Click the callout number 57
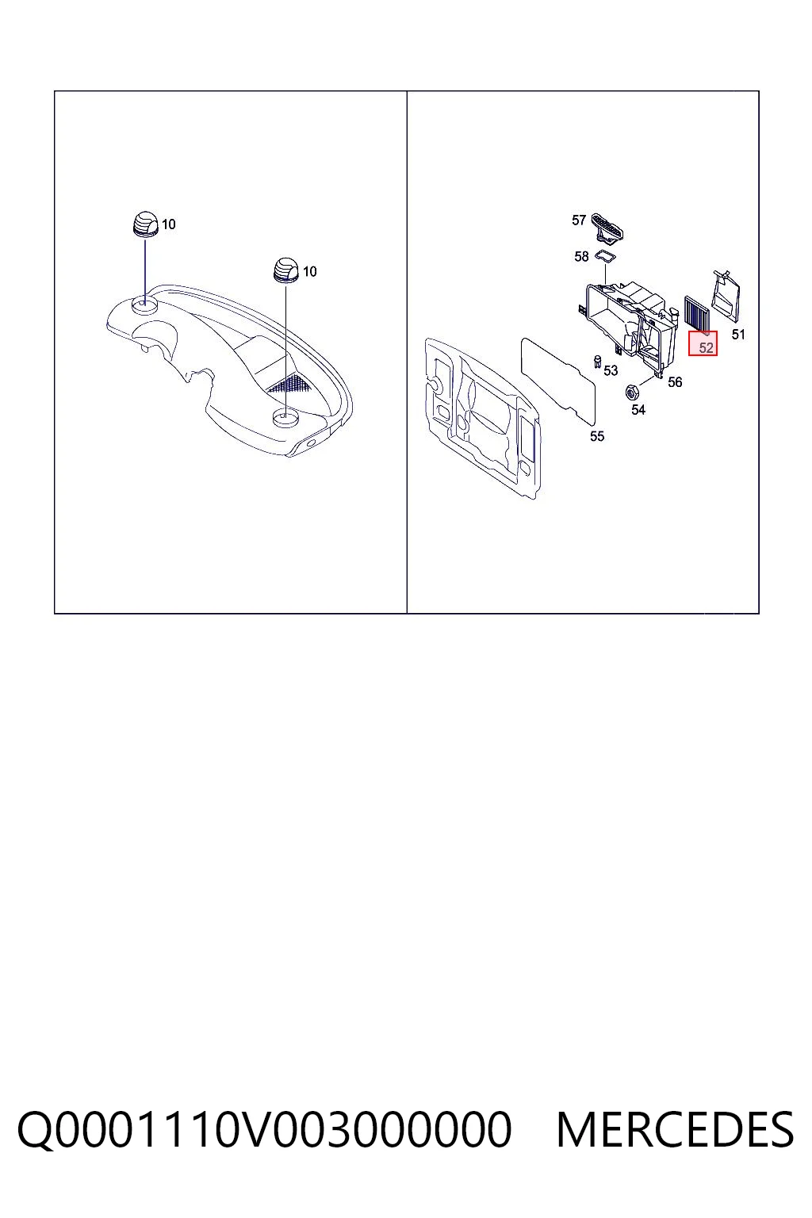point(578,220)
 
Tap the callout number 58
point(581,256)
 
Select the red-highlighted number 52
point(706,347)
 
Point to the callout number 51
point(737,335)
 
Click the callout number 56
point(674,382)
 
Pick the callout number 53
point(611,370)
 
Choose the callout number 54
point(638,410)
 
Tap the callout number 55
point(596,436)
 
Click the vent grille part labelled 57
point(607,226)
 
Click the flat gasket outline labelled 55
point(558,381)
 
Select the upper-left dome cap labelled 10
point(146,222)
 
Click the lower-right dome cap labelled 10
point(286,270)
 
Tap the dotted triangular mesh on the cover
point(290,383)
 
